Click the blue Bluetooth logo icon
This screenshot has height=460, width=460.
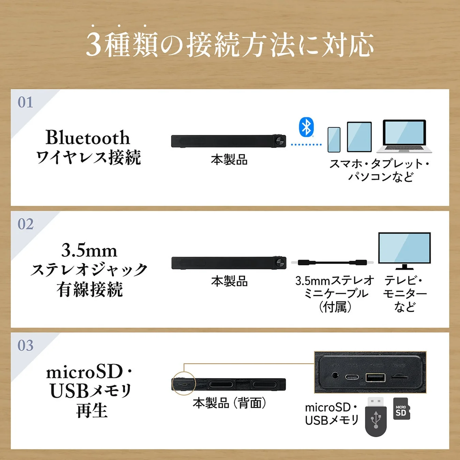306,127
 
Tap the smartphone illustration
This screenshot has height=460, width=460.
334,140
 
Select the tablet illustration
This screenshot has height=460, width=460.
359,137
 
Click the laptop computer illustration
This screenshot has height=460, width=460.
404,136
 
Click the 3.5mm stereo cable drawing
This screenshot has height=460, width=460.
332,262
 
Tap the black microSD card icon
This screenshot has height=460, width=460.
401,409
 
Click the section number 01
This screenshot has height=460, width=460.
26,102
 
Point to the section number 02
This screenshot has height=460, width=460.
26,224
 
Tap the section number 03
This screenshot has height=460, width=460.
26,346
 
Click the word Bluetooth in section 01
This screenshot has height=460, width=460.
88,138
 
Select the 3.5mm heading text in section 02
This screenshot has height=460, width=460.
89,250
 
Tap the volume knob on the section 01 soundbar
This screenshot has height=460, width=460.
280,141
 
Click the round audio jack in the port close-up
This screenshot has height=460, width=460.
335,376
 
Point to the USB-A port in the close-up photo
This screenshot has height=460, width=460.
375,377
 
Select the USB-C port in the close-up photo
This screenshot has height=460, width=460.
352,377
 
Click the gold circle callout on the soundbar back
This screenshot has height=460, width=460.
184,383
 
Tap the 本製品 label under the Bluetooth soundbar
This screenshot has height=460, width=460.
229,160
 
